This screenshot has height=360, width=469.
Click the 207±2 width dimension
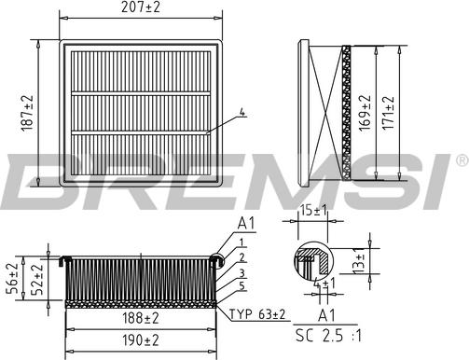click(142, 7)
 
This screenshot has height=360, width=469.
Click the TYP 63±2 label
click(256, 314)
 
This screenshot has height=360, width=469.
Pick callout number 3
click(241, 270)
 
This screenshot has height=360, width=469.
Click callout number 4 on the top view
click(241, 113)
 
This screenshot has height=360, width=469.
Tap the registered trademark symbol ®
click(461, 161)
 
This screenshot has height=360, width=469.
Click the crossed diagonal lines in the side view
click(321, 113)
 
